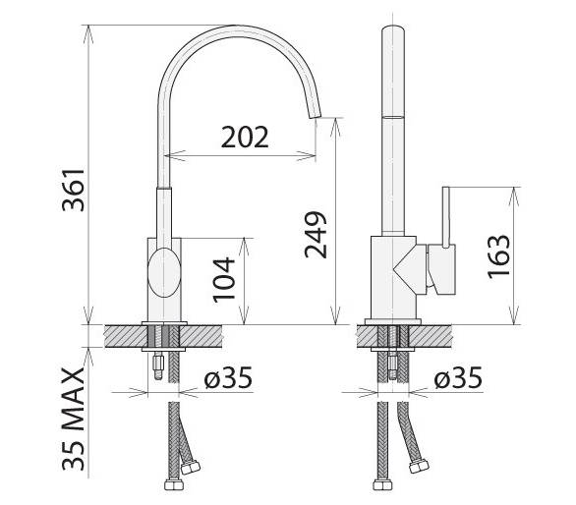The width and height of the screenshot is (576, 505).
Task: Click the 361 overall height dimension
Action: [x=74, y=191]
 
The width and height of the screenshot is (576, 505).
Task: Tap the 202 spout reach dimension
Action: [x=245, y=137]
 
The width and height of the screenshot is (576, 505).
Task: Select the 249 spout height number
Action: [x=316, y=234]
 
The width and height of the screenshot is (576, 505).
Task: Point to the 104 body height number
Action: [x=224, y=280]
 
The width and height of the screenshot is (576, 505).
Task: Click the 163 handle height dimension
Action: [x=498, y=256]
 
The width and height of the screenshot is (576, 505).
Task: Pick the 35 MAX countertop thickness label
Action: [x=74, y=420]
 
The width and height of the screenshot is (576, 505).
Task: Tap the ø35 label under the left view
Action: [x=228, y=377]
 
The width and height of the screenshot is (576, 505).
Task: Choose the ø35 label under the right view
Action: [x=458, y=377]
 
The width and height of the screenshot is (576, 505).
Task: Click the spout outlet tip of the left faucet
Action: [x=316, y=114]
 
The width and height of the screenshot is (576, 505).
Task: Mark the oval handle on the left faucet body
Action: [x=164, y=272]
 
